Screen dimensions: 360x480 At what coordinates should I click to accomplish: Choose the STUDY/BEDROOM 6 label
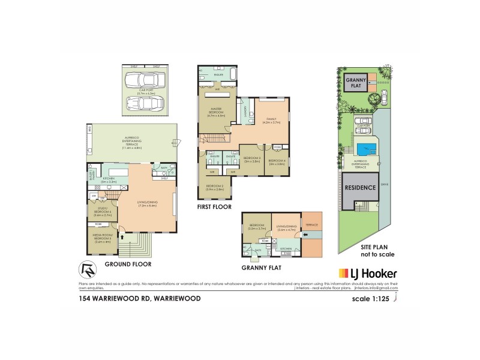click(102, 211)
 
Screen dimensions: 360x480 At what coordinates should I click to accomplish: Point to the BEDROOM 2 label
click(215, 187)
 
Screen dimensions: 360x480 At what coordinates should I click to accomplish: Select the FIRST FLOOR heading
click(215, 206)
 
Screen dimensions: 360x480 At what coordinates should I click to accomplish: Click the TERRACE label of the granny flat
click(312, 224)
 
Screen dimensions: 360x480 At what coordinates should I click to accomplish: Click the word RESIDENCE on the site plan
click(359, 187)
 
